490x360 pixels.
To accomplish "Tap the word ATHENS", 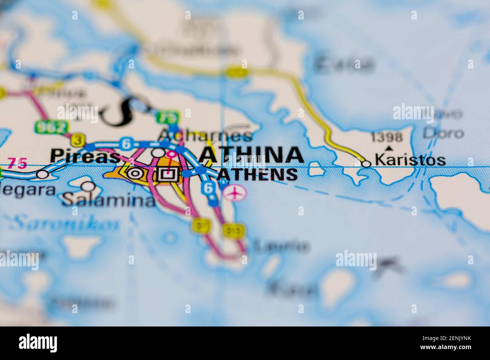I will pyautogui.click(x=257, y=174).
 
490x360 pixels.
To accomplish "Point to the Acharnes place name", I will pyautogui.click(x=205, y=135).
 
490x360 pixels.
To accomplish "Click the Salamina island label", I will pyautogui.click(x=109, y=200).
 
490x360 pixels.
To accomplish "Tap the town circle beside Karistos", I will pyautogui.click(x=366, y=163).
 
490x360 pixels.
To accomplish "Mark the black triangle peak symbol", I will pyautogui.click(x=389, y=148).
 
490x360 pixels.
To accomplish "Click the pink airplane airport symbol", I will pyautogui.click(x=234, y=193).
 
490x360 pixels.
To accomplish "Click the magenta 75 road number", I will pyautogui.click(x=17, y=163).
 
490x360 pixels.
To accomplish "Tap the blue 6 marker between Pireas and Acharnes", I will pyautogui.click(x=126, y=143).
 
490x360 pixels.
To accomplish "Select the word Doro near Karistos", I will pyautogui.click(x=443, y=133).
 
